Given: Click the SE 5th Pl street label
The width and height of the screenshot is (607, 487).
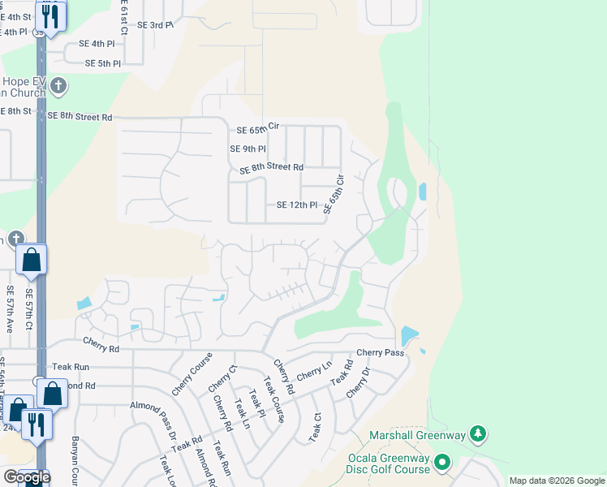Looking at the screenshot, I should (x=103, y=63).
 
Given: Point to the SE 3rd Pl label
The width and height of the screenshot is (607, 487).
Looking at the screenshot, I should (x=155, y=25).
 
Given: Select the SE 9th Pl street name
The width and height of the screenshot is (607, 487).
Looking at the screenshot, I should (x=248, y=149).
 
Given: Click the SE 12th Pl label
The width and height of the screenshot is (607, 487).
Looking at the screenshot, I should (x=296, y=205).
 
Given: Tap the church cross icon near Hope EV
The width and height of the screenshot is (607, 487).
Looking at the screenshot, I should (x=58, y=85).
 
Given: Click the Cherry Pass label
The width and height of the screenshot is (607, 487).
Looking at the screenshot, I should (x=380, y=353).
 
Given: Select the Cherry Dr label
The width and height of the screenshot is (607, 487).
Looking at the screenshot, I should (x=358, y=382).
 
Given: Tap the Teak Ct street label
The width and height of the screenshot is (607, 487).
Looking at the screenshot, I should (x=315, y=428).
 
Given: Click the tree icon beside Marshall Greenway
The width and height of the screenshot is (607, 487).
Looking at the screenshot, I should (x=479, y=436).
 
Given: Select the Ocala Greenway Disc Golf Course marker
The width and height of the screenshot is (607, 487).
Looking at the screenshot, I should (x=442, y=463).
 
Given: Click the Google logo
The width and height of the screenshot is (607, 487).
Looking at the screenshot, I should (x=26, y=477).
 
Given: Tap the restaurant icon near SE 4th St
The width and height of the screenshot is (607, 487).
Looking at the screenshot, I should (x=50, y=16).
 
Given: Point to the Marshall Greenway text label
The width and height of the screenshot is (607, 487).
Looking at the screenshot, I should (x=418, y=436).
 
